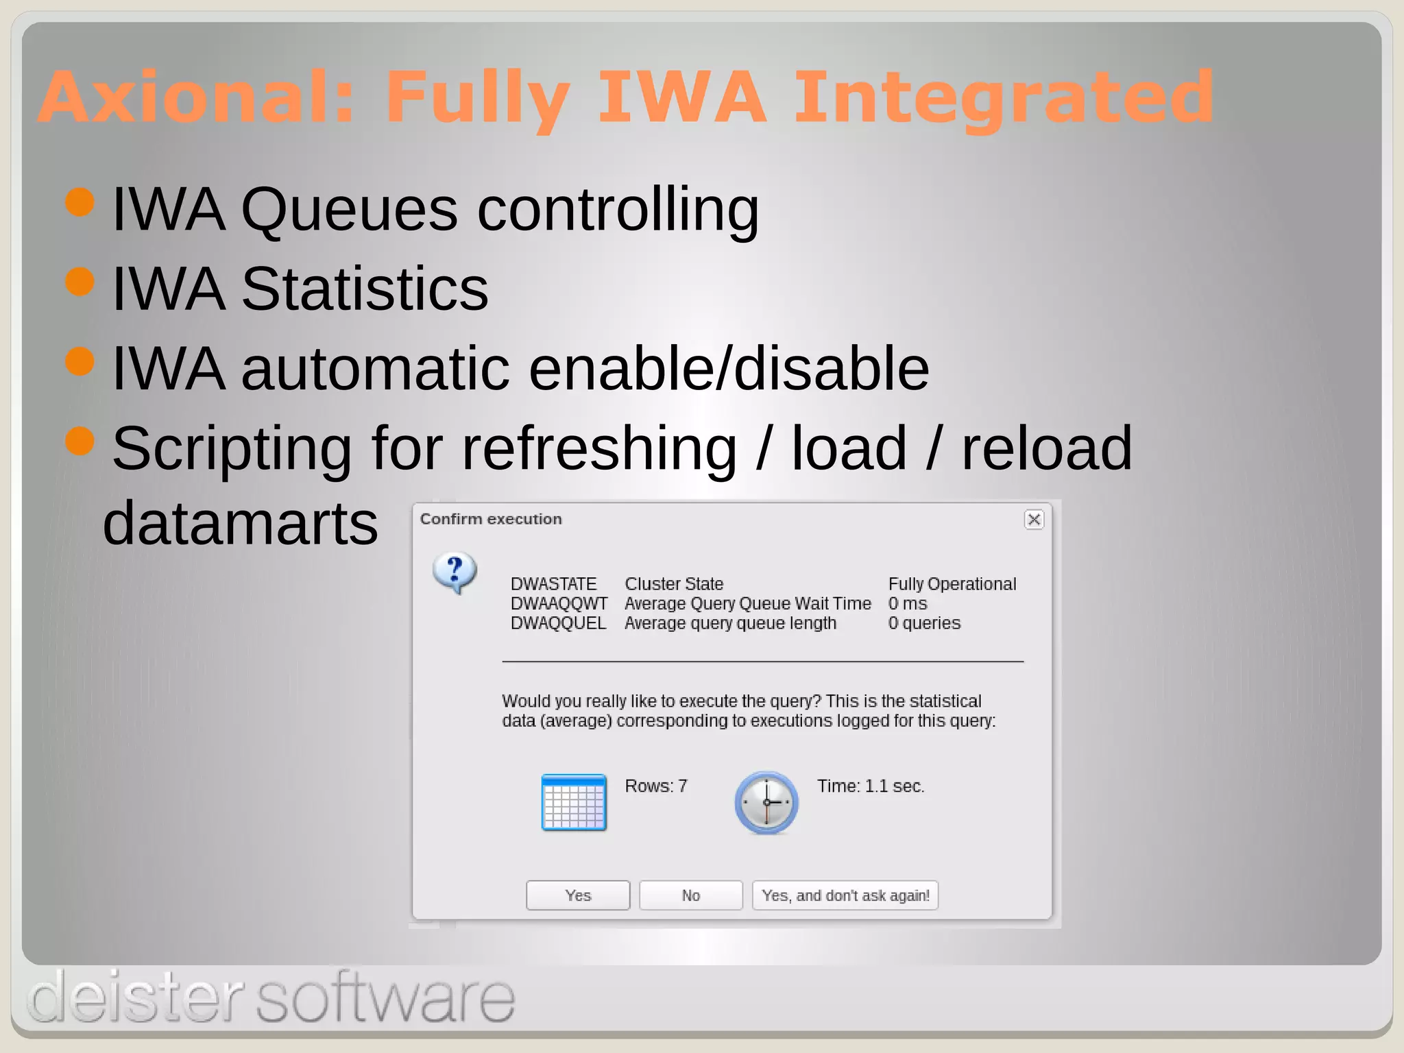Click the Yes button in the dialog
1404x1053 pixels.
point(578,895)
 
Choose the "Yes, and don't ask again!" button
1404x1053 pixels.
point(845,895)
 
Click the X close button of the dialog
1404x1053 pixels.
point(1034,520)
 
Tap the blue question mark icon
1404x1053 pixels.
point(455,572)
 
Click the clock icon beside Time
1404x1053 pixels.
point(766,802)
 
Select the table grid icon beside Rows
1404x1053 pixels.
point(574,802)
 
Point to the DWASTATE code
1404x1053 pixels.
point(553,584)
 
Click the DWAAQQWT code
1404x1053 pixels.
point(559,603)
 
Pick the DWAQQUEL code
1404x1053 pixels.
point(558,623)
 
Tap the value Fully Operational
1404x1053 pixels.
point(952,584)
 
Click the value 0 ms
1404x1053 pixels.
point(908,603)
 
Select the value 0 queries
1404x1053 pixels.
point(924,623)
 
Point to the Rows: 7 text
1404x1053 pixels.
point(655,786)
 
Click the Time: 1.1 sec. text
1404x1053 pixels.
point(871,786)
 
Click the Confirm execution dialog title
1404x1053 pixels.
point(491,519)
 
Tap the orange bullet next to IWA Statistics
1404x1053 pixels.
point(80,282)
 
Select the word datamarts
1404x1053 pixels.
point(240,523)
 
